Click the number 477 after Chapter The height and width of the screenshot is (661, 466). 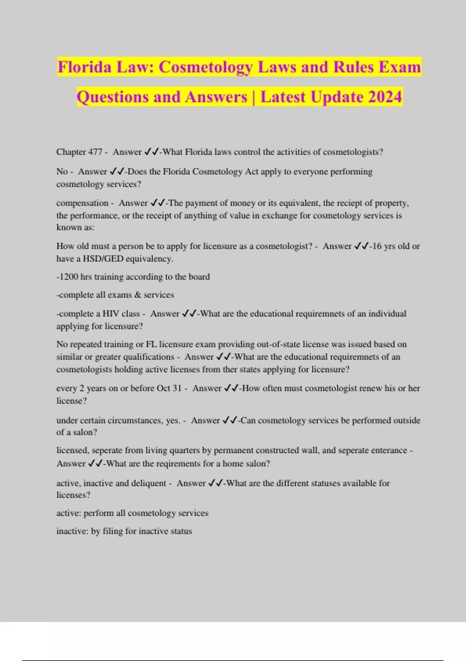coord(95,152)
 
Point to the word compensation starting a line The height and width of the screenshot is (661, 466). coord(82,203)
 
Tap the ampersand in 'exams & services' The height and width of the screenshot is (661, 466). coord(137,295)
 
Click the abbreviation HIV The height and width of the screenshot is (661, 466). coord(111,314)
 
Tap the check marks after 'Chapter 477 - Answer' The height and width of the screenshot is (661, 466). coord(151,152)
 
